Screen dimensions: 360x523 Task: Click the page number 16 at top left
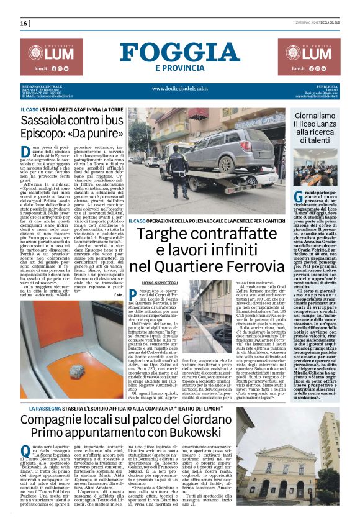pyautogui.click(x=24, y=24)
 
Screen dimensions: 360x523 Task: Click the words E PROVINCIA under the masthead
pyautogui.click(x=180, y=68)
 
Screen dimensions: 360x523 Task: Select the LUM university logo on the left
pyautogui.click(x=51, y=57)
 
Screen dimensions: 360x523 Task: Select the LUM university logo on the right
pyautogui.click(x=308, y=57)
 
